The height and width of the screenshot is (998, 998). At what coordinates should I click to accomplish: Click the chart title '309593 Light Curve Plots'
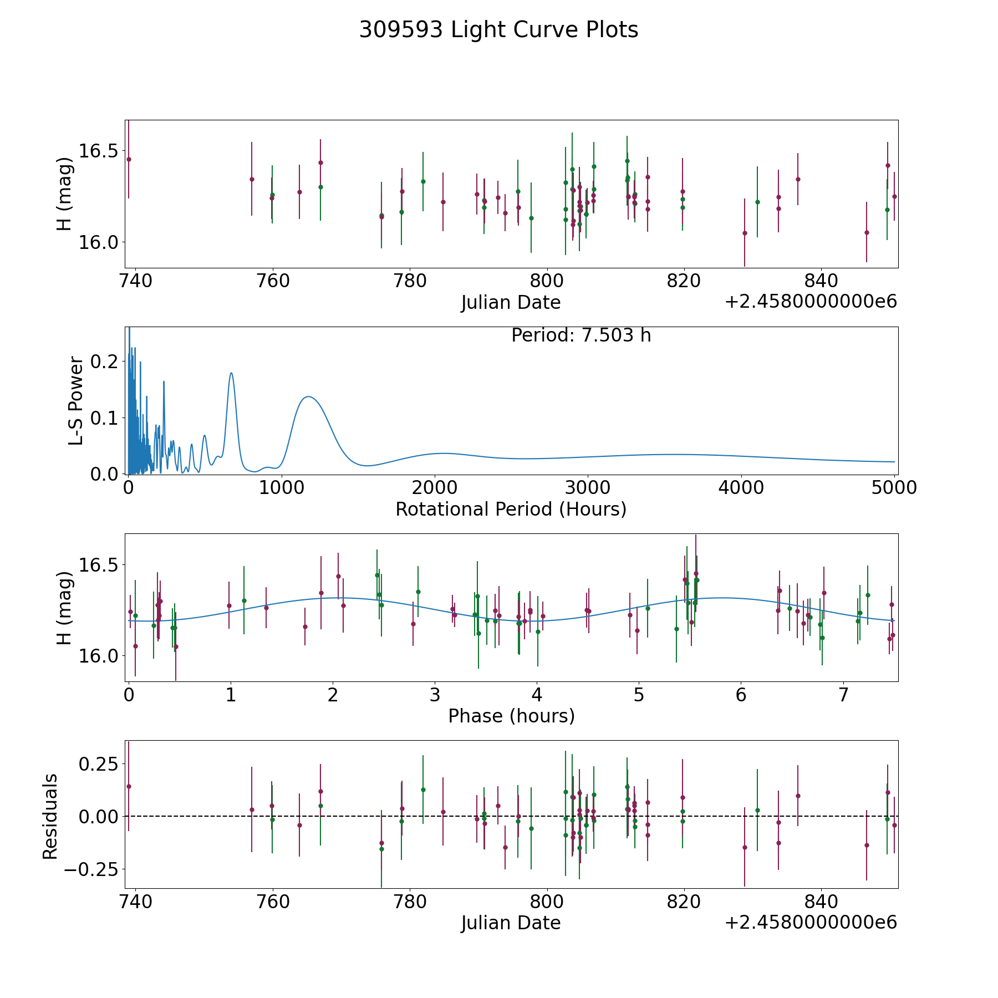click(x=498, y=30)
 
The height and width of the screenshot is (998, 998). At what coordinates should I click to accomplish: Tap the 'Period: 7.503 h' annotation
click(x=581, y=335)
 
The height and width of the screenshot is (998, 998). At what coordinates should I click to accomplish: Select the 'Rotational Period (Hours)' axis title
click(x=511, y=509)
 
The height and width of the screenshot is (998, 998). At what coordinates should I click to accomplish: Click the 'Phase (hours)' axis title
click(x=511, y=716)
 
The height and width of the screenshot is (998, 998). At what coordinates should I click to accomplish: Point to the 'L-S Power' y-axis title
click(x=76, y=401)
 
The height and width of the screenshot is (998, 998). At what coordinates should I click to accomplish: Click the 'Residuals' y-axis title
click(x=50, y=817)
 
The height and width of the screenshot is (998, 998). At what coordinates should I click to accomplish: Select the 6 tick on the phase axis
click(x=741, y=695)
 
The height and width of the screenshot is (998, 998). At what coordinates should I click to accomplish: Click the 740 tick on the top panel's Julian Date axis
click(x=135, y=281)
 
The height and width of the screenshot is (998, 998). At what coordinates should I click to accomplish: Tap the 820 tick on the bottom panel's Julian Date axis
click(x=684, y=902)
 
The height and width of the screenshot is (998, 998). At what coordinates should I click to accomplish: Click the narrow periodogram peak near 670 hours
click(x=231, y=373)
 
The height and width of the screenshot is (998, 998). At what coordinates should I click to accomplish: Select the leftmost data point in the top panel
click(x=129, y=159)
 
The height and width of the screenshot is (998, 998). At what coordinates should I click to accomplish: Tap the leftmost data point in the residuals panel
click(x=129, y=786)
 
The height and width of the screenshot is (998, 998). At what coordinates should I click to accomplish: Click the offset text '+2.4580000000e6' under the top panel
click(x=811, y=302)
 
